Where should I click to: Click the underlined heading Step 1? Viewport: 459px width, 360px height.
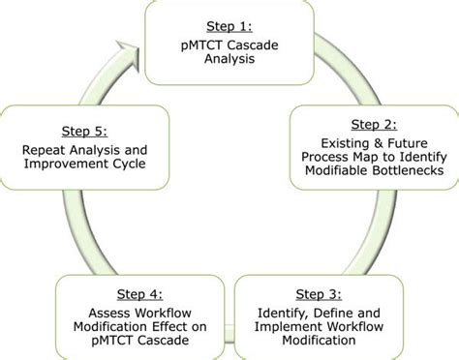pyautogui.click(x=230, y=24)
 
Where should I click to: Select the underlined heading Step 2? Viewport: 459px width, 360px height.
pyautogui.click(x=373, y=124)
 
